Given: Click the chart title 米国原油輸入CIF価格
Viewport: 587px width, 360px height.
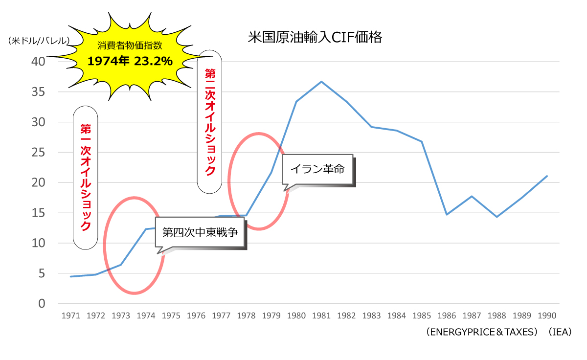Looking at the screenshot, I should tap(315, 38).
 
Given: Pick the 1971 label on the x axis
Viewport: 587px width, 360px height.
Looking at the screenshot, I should tap(71, 316).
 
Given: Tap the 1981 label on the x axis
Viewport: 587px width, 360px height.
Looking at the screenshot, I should tap(321, 316).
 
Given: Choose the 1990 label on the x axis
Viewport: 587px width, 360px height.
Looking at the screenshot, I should tap(547, 316).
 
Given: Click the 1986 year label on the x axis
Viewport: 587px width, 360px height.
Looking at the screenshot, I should tap(447, 316).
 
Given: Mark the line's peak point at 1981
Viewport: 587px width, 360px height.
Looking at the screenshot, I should tap(321, 81).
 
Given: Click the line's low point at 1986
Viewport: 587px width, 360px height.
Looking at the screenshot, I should tap(447, 214).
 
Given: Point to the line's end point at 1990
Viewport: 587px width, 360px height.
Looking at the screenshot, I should tap(547, 176).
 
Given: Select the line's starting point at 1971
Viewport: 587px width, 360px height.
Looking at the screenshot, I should tap(71, 276).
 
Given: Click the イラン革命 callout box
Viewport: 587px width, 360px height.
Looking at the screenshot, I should tap(318, 170).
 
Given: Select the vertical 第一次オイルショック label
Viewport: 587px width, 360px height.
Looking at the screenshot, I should tap(85, 177).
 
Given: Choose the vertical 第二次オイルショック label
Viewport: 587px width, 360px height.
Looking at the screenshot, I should tap(209, 121).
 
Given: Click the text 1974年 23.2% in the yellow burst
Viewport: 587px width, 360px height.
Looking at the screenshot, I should tap(130, 61).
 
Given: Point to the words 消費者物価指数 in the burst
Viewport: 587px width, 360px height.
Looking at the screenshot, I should tap(130, 46).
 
